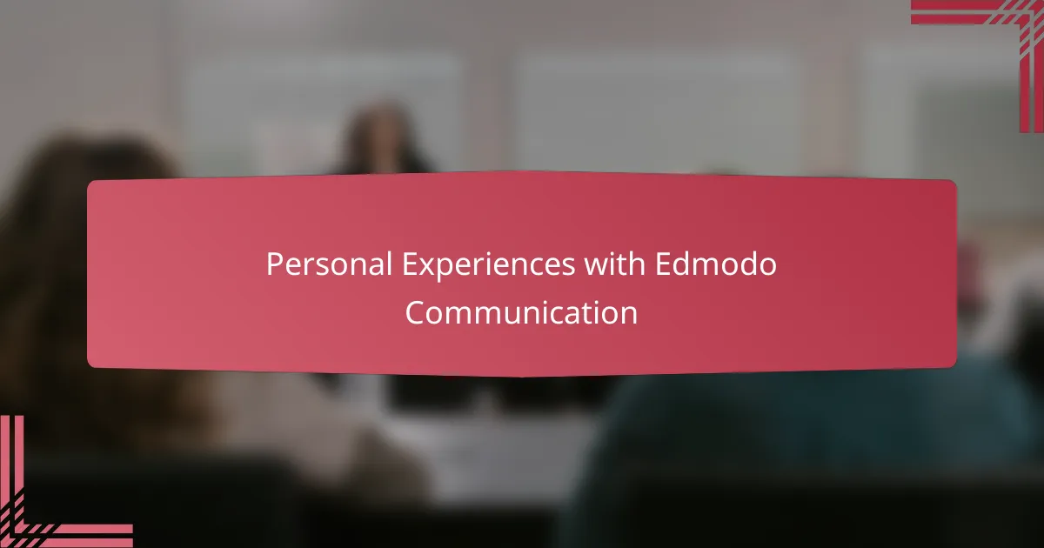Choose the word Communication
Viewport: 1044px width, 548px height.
[522, 312]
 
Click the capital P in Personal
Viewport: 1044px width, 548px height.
[274, 264]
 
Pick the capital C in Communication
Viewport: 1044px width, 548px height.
[415, 312]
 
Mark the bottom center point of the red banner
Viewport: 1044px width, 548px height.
[522, 376]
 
